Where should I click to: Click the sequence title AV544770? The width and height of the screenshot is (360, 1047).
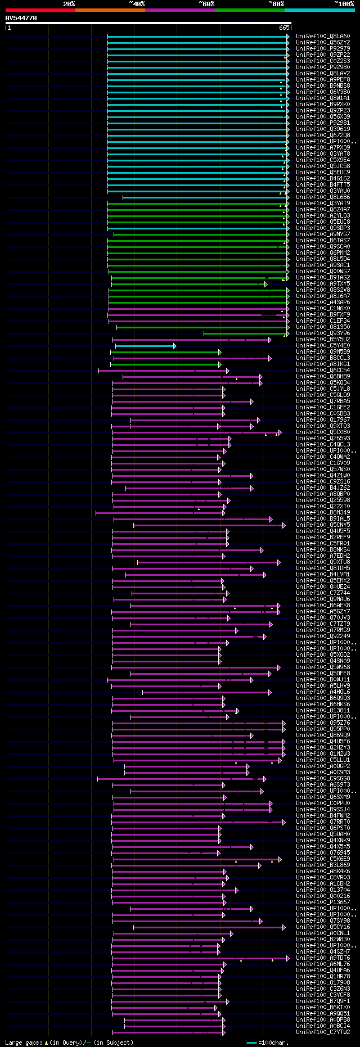point(21,18)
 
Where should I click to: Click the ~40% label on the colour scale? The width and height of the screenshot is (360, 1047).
point(137,4)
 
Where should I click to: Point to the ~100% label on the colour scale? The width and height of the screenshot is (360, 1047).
point(344,4)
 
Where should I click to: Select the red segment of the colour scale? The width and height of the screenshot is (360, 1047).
point(40,10)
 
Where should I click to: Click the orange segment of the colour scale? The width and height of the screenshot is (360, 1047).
point(110,10)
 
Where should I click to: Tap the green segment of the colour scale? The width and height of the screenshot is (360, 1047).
point(249,10)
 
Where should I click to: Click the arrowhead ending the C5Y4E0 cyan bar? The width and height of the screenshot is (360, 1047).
point(175,346)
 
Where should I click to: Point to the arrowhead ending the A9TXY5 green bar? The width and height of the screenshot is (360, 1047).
point(266,284)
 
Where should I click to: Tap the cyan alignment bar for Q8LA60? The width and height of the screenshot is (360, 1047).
point(197,37)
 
